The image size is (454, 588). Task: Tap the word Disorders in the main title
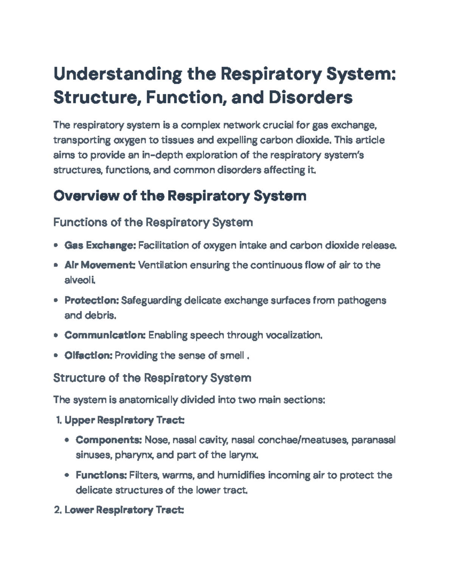click(311, 97)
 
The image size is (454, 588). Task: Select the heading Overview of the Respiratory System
click(180, 196)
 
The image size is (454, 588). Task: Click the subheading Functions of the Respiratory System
click(153, 222)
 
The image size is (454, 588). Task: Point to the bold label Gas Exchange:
click(100, 245)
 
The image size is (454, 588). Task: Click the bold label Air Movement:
click(100, 265)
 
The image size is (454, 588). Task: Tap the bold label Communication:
click(105, 335)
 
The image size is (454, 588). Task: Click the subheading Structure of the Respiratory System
click(152, 377)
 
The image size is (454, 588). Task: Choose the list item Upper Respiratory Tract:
click(124, 420)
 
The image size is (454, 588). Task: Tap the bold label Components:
click(109, 440)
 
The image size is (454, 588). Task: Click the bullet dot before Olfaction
click(56, 356)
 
